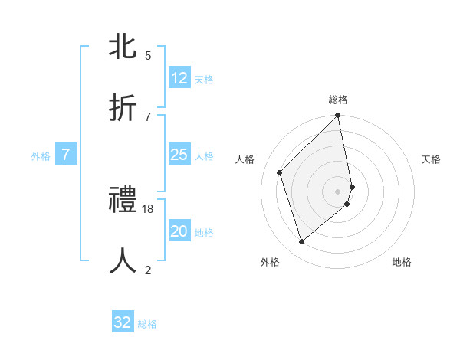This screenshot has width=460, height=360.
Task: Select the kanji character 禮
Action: coord(123,201)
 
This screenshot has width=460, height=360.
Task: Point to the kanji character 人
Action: coord(123,260)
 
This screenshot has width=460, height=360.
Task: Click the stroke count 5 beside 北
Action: coord(148,56)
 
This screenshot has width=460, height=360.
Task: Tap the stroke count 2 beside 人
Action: coord(148,270)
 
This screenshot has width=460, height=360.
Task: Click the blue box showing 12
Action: coord(179,78)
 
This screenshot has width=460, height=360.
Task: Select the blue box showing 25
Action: coord(179,155)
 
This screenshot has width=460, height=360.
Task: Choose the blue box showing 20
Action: coord(179,232)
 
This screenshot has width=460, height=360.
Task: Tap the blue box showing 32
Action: coord(123,322)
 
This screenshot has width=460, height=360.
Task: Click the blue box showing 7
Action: coord(66,155)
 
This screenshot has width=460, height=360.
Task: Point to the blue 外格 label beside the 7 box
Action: coord(41,156)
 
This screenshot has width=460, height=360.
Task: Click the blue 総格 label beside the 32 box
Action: coord(147,324)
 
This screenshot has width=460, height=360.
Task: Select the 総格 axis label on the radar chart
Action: coord(338,100)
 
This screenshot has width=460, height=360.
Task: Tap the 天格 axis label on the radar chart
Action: coord(432,159)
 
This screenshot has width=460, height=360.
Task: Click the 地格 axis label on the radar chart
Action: coord(402,262)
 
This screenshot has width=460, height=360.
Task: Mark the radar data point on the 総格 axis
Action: coord(338,116)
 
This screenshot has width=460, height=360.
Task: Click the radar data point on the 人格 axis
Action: coord(280,172)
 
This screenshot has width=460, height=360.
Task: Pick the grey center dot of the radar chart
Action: coord(338,191)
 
